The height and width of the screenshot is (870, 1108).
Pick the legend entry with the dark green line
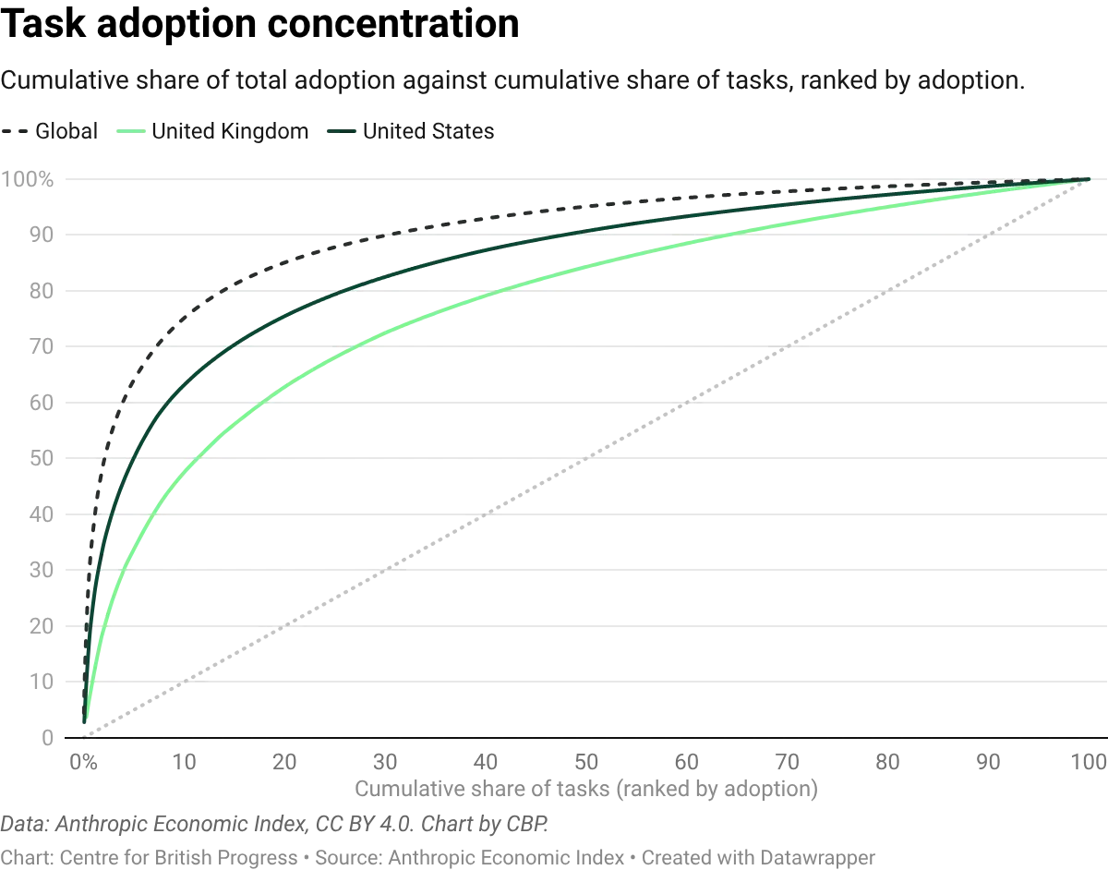(x=410, y=130)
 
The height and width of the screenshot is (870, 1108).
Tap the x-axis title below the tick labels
(x=587, y=790)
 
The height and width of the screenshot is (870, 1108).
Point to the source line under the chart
(x=277, y=820)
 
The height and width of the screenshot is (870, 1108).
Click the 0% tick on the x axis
(x=83, y=763)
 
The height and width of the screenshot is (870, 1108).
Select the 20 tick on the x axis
(x=286, y=763)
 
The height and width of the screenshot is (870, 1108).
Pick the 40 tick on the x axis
(x=488, y=763)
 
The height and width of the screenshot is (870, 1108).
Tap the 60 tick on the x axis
(x=688, y=763)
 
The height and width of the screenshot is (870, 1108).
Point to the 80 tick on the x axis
(x=888, y=763)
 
